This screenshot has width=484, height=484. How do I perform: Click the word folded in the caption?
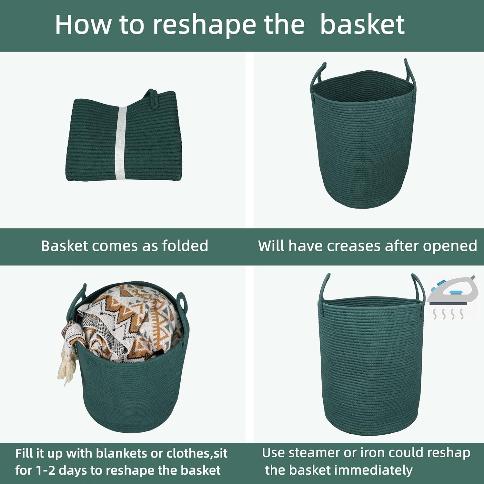(185, 246)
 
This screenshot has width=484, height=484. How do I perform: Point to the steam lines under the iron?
(449, 314)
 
